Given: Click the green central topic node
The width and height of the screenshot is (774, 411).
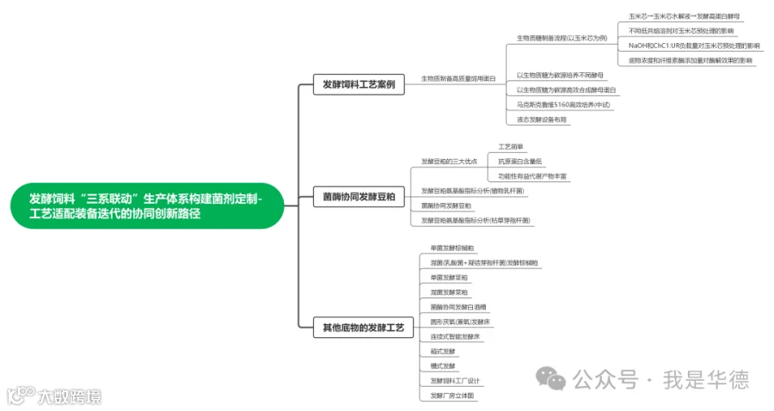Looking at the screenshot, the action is (146, 205).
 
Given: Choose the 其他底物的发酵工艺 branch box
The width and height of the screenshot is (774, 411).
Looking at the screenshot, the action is (366, 328).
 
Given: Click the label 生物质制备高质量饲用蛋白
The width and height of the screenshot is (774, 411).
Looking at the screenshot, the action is (458, 78).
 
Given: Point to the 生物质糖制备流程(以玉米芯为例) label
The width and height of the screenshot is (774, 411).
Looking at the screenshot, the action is (561, 38).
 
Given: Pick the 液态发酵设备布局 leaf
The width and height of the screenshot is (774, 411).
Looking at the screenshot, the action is (541, 120).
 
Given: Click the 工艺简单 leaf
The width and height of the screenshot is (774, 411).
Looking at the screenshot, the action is (510, 146).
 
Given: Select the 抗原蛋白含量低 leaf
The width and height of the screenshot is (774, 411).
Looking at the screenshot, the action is (520, 161).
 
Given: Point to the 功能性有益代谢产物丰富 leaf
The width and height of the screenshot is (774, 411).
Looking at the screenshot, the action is (532, 175).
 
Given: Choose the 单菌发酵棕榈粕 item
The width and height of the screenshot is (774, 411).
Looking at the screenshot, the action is (451, 248).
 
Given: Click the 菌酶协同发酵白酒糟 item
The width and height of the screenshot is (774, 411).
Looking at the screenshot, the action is (458, 306).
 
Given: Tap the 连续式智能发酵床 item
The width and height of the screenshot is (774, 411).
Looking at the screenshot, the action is (455, 336).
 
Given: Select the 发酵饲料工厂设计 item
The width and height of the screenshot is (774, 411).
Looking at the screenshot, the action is (455, 380).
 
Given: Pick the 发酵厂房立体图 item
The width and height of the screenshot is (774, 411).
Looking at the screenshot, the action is (451, 396).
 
